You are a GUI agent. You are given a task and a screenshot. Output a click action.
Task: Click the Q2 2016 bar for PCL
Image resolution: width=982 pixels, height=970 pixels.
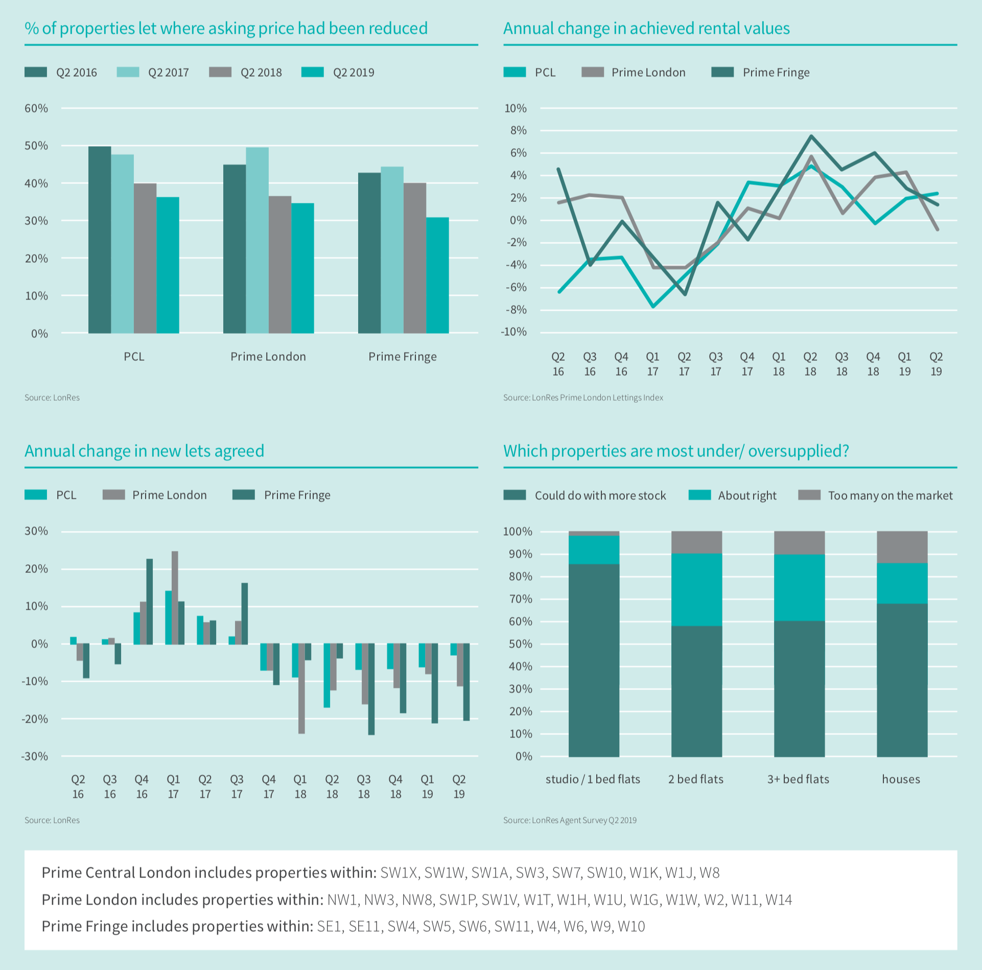click(x=100, y=240)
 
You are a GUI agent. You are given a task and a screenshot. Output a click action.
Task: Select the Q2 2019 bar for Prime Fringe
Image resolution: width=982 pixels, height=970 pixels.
click(x=437, y=275)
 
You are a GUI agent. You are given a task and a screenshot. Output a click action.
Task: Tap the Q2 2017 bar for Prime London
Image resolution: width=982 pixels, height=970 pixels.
click(x=257, y=240)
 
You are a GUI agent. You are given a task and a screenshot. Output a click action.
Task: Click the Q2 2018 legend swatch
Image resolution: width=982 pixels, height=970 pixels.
click(x=220, y=72)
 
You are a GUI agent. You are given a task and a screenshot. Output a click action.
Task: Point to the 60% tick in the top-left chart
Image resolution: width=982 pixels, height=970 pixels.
click(x=36, y=108)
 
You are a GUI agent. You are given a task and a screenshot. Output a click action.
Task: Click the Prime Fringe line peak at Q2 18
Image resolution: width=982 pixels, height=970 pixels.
click(x=811, y=136)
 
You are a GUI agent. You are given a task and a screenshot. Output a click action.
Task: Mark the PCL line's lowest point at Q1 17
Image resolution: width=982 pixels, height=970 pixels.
click(x=653, y=307)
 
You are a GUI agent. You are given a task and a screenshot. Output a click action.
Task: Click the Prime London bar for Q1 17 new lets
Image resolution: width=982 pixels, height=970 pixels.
click(x=175, y=597)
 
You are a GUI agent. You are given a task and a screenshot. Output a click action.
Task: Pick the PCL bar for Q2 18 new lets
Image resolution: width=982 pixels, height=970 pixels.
click(x=326, y=675)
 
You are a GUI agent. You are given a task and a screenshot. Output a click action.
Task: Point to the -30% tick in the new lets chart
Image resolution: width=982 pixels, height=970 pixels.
click(x=35, y=756)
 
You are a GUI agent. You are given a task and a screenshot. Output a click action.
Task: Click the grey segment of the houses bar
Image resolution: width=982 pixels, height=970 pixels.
click(x=902, y=547)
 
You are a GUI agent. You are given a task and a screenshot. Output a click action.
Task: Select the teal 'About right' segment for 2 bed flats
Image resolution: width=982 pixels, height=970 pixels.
click(x=696, y=590)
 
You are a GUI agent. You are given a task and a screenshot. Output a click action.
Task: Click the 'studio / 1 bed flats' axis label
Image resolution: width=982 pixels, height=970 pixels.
click(x=593, y=779)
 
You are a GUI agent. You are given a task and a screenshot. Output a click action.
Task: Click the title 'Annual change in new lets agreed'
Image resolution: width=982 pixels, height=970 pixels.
click(x=145, y=451)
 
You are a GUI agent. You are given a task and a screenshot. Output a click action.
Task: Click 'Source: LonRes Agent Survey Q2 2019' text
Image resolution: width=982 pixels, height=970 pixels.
click(x=570, y=820)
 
